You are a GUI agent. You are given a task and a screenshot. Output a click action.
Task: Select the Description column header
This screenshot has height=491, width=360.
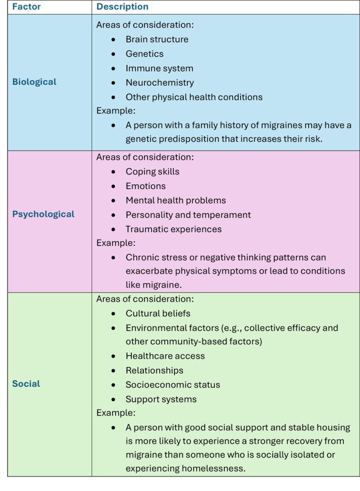click(x=122, y=7)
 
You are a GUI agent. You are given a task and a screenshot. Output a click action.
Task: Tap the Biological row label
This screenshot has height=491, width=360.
click(x=34, y=82)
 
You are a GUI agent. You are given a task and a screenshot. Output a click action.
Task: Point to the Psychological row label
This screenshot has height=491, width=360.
click(x=43, y=214)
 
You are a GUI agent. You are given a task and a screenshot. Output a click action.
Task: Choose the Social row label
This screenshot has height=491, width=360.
click(x=26, y=384)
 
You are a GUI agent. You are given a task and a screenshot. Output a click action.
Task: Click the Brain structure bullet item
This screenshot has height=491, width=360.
click(x=157, y=39)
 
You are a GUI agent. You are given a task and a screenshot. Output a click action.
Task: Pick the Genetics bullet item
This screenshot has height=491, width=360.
click(x=144, y=54)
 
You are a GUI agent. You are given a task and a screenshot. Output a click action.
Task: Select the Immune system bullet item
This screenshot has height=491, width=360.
click(x=159, y=68)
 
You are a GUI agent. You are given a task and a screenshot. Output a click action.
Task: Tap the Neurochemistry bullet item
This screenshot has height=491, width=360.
click(x=160, y=82)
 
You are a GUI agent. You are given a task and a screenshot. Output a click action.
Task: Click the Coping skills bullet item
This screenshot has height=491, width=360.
click(x=152, y=172)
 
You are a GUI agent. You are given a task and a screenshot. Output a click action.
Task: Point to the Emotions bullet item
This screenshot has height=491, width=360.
click(x=146, y=186)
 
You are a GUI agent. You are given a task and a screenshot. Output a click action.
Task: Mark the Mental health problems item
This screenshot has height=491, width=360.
click(x=175, y=200)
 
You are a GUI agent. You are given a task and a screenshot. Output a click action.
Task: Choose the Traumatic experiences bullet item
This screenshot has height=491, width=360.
click(x=174, y=229)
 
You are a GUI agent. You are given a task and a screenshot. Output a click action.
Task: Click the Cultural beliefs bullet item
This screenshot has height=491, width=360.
click(x=158, y=314)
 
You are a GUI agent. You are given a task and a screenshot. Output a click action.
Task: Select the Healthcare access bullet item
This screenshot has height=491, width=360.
click(x=165, y=356)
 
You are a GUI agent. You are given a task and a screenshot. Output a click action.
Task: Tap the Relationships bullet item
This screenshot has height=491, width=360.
click(x=154, y=371)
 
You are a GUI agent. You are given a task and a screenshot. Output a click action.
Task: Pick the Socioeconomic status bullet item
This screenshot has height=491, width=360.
click(x=173, y=385)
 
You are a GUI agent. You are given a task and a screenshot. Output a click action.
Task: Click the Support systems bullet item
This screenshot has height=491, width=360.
click(x=161, y=399)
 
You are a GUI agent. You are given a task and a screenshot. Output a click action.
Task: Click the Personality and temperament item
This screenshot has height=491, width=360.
click(x=188, y=215)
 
